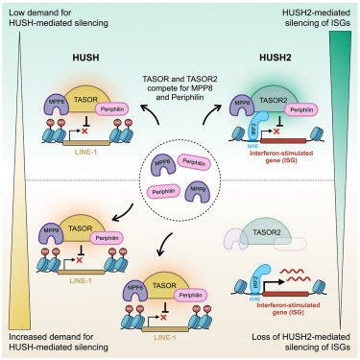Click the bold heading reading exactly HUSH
[88, 58]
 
